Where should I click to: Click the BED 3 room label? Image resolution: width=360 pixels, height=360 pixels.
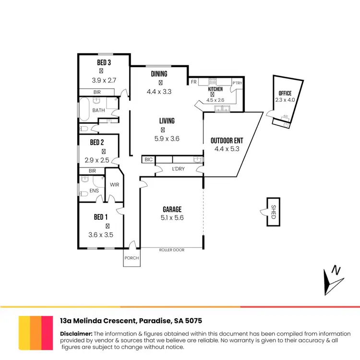pos(104,63)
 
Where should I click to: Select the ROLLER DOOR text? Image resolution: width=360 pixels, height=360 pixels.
pos(172,250)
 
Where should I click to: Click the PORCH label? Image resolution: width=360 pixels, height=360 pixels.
pos(132,258)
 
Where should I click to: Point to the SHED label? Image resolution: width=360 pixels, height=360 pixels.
pos(274,212)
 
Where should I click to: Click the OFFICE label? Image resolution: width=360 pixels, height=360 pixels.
pos(285,93)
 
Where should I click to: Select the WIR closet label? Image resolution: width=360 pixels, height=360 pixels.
pos(114,184)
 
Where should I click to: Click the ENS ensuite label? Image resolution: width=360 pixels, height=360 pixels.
pos(94,191)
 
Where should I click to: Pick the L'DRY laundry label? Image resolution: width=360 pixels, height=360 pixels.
pos(178,169)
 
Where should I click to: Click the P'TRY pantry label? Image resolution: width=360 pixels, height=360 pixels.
pos(237,83)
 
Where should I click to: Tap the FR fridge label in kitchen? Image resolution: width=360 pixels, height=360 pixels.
pos(193,83)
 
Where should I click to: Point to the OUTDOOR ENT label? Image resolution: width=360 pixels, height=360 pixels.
pos(227,141)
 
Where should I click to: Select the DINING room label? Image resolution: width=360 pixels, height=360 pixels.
pos(159,74)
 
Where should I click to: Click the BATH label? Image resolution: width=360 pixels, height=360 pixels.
pos(98,110)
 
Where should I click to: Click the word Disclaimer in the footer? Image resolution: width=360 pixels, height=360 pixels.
pos(76,334)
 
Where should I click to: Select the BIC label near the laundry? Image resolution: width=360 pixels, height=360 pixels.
pos(148,159)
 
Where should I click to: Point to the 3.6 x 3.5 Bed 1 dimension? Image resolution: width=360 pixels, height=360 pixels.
pos(100,235)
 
